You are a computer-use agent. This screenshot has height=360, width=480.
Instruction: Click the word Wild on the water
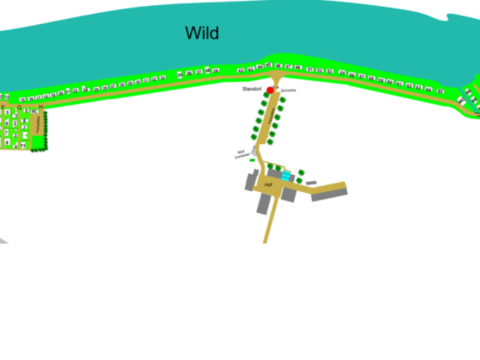(202, 33)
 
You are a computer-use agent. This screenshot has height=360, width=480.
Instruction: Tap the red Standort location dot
(270, 90)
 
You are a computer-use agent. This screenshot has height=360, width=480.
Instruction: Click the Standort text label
(251, 89)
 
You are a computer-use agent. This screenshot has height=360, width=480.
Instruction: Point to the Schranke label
(289, 90)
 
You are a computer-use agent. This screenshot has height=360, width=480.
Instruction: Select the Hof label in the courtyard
(268, 184)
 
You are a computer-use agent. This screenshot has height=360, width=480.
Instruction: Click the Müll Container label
(241, 154)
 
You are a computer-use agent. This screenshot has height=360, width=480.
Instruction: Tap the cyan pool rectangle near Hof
(286, 175)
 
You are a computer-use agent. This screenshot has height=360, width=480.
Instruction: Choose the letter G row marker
(19, 107)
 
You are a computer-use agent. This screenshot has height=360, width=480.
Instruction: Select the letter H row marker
(40, 107)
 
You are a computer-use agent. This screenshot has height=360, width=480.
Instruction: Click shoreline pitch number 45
(268, 66)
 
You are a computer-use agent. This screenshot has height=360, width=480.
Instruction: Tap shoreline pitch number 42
(240, 70)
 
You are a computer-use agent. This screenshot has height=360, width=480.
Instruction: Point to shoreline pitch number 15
(22, 99)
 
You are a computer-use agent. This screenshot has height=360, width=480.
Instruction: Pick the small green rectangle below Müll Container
(253, 160)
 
